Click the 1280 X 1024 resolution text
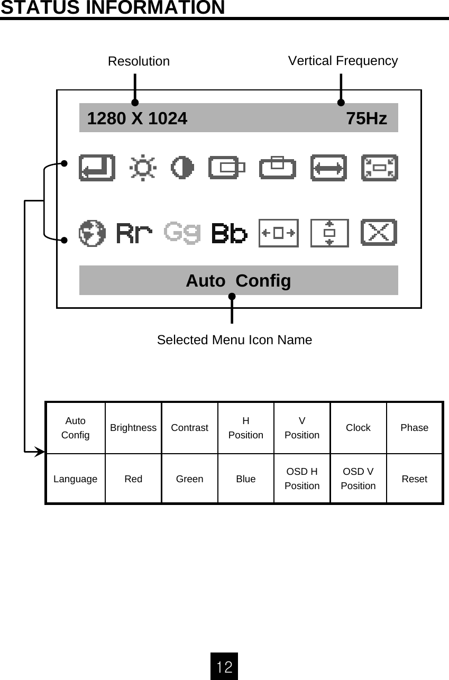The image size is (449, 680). [137, 118]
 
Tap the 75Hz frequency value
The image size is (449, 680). [366, 118]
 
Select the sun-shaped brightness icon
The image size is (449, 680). [143, 168]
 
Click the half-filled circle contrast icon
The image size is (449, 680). [182, 168]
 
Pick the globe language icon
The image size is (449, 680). [92, 233]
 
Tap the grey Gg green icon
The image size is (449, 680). [182, 233]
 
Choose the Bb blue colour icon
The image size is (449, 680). [230, 233]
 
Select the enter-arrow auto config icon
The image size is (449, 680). [97, 168]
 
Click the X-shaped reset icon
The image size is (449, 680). [379, 233]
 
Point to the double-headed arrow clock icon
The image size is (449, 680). [328, 168]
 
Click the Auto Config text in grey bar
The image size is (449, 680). [238, 281]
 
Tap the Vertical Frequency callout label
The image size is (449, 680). [343, 61]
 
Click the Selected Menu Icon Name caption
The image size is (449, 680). [234, 340]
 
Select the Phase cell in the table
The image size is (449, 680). [414, 428]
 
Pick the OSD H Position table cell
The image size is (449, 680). [302, 479]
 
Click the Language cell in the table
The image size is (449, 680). [75, 479]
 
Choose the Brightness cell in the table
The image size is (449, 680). [133, 428]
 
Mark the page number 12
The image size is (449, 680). [224, 666]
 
